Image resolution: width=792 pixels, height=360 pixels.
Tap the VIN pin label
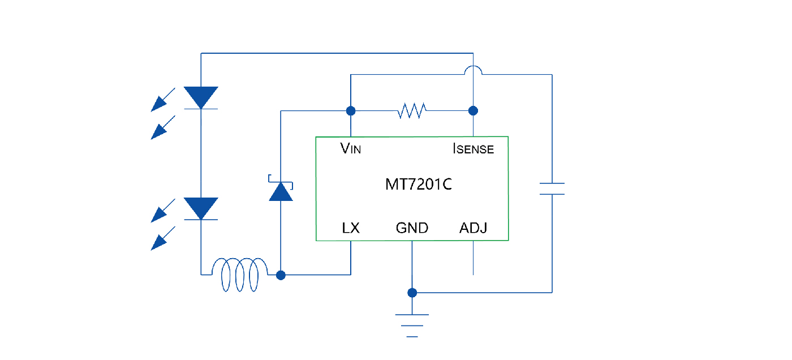(x=351, y=149)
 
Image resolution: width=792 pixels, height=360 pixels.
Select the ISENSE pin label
(x=473, y=149)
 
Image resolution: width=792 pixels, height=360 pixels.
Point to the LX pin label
(x=351, y=228)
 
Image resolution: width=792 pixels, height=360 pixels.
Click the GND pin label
(x=412, y=228)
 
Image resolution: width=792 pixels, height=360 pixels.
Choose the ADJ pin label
(x=473, y=228)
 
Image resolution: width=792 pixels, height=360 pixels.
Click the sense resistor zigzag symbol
(x=412, y=110)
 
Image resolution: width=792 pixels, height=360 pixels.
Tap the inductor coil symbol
(x=239, y=275)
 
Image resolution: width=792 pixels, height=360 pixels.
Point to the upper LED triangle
(x=201, y=98)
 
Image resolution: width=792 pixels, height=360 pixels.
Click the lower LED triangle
(x=201, y=208)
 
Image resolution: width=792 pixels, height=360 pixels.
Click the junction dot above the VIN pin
(x=351, y=110)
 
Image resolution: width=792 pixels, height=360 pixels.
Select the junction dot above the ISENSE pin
(x=473, y=110)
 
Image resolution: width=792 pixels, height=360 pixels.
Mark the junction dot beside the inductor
(x=281, y=275)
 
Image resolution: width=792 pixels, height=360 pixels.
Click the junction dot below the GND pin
(x=412, y=293)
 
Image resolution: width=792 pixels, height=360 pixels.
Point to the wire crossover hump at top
(x=473, y=70)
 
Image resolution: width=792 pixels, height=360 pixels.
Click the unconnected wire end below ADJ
(x=473, y=274)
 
